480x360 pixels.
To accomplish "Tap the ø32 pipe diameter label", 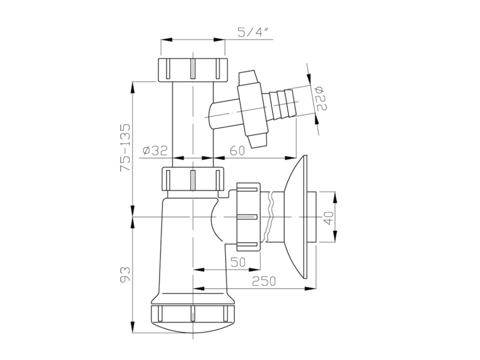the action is (155, 150).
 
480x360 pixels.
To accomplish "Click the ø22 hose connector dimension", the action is (321, 98).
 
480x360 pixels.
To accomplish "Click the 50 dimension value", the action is (238, 262).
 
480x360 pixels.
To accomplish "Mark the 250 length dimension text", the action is (264, 281).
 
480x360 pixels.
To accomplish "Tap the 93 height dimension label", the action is (126, 274).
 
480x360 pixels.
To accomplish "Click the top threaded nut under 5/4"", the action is (193, 69).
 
